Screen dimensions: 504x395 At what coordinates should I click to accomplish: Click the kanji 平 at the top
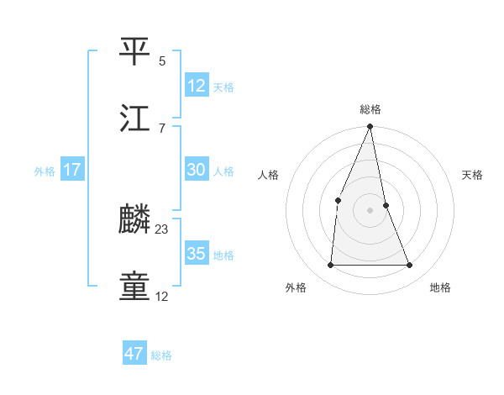pos(135,50)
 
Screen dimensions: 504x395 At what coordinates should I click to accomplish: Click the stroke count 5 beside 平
pos(162,61)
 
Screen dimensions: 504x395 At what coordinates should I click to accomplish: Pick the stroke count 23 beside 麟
pos(162,229)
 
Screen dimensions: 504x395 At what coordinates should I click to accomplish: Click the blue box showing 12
pos(196,85)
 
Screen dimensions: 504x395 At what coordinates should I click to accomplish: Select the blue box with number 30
pos(196,170)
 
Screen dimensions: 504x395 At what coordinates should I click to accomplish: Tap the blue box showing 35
pos(196,254)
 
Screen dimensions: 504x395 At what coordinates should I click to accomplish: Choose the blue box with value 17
pos(72,170)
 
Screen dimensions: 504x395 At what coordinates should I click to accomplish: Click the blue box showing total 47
pos(134,354)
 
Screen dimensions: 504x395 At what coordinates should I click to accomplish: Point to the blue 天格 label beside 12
pos(223,87)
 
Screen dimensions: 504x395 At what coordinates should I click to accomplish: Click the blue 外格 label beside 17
pos(45,171)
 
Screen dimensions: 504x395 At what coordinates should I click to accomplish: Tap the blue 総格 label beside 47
pos(161,355)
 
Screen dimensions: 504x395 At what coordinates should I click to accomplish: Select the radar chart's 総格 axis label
pos(370,109)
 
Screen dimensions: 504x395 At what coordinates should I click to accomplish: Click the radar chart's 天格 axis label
pos(472,175)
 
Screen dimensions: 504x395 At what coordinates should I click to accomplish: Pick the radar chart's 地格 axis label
pos(440,287)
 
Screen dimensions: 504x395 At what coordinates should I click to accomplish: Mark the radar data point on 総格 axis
pos(370,128)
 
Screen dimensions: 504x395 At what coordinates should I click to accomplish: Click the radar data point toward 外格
pos(331,266)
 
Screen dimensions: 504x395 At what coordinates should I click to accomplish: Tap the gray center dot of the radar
pos(370,210)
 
